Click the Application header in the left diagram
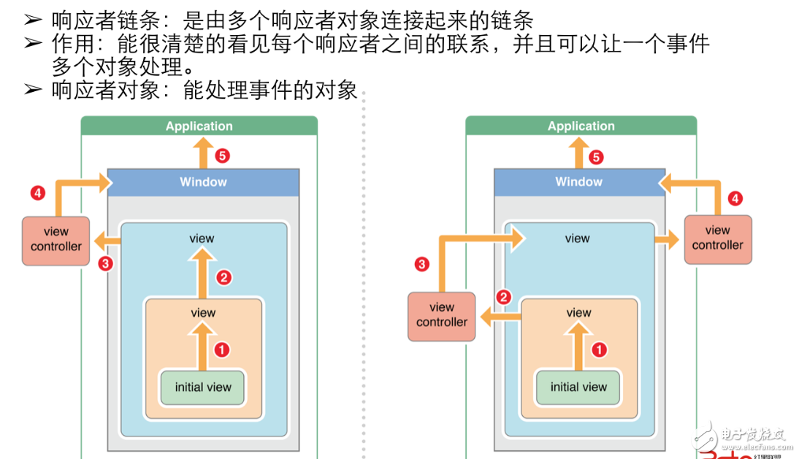click(x=199, y=126)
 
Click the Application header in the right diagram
click(x=581, y=126)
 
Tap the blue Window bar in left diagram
click(x=203, y=182)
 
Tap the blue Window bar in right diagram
click(x=578, y=182)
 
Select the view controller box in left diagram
click(x=56, y=240)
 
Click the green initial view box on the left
click(x=203, y=387)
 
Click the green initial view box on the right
click(x=578, y=387)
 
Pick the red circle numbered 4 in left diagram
click(x=37, y=193)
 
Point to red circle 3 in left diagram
click(x=106, y=263)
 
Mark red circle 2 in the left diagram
click(x=224, y=277)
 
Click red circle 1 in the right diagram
click(x=599, y=350)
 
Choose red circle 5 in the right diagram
click(x=597, y=157)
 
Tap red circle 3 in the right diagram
click(x=421, y=264)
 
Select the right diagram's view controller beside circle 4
click(x=717, y=239)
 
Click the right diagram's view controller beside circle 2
click(x=442, y=315)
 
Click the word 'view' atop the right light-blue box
click(x=577, y=239)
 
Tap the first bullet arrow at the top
click(x=33, y=21)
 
